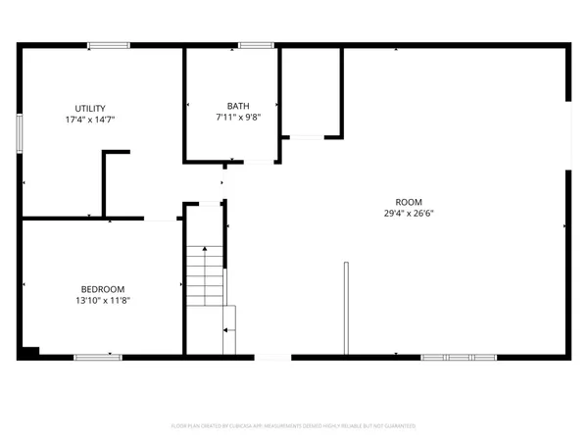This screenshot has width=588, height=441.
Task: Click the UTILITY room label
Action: click(91, 109)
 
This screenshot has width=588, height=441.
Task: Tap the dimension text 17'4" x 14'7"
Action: click(91, 120)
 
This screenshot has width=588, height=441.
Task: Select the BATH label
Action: click(238, 106)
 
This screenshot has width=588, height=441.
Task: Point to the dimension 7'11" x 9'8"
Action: click(238, 117)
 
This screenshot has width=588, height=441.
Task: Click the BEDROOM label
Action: click(103, 289)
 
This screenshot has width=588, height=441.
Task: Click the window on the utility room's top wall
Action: click(108, 45)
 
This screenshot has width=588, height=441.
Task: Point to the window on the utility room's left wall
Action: click(19, 132)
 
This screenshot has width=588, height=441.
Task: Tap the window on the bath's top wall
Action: click(256, 45)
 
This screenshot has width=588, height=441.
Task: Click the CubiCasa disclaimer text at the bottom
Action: click(294, 426)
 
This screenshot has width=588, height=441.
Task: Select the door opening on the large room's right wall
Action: click(567, 132)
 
